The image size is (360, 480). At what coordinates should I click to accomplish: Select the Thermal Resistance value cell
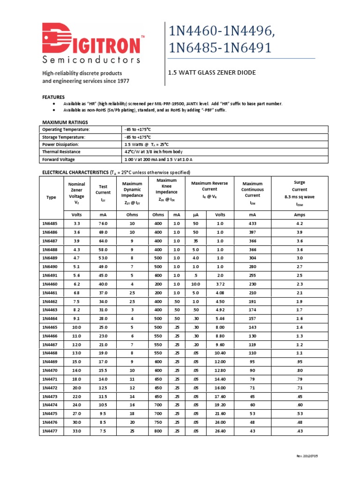click(x=153, y=152)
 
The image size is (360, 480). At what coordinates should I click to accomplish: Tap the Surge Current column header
click(x=299, y=193)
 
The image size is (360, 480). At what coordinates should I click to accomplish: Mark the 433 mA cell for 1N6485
click(x=253, y=224)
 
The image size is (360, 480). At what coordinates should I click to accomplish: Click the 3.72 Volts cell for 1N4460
click(x=220, y=284)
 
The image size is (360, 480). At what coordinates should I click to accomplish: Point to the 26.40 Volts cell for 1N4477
click(x=220, y=430)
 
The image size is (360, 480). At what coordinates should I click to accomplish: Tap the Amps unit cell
click(x=299, y=214)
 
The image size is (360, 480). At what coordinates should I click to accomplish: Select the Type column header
click(x=51, y=197)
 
